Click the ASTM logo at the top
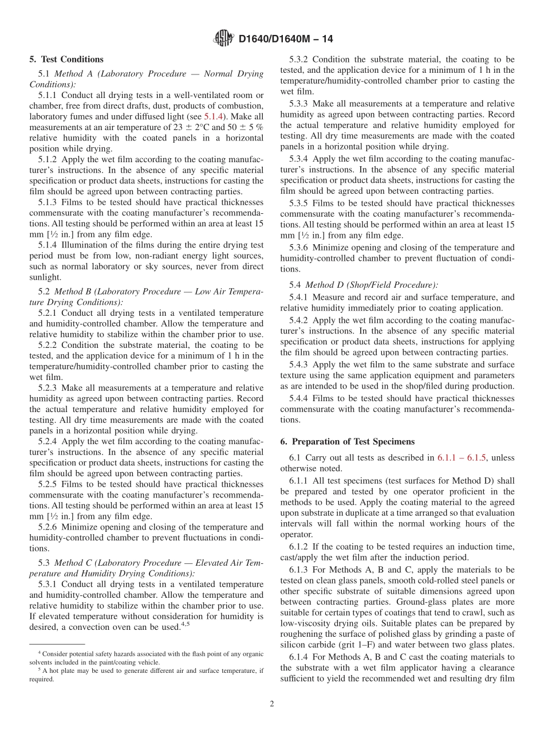click(x=223, y=38)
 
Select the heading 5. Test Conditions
click(x=66, y=60)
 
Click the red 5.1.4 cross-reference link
click(x=215, y=116)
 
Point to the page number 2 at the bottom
click(x=272, y=704)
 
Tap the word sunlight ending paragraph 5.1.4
click(x=45, y=277)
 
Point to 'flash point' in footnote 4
click(x=204, y=653)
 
